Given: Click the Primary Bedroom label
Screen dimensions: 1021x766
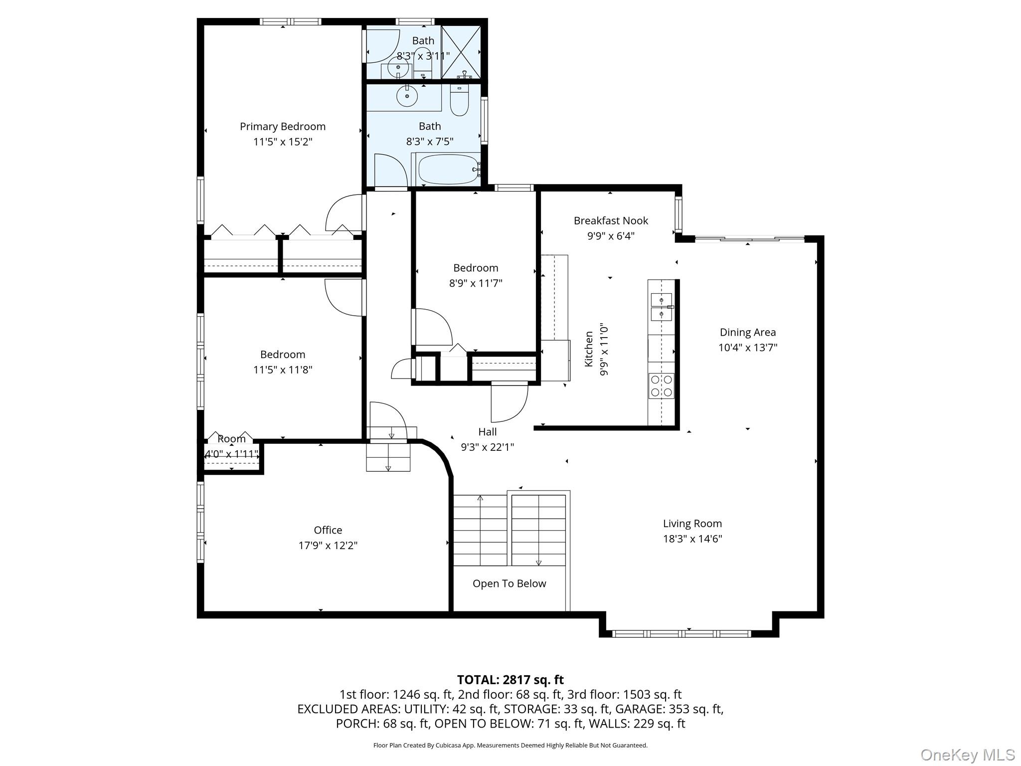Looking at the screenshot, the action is (x=283, y=127).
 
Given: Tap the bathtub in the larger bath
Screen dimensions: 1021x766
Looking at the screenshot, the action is (x=447, y=169).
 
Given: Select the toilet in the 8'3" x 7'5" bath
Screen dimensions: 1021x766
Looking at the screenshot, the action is (x=459, y=100).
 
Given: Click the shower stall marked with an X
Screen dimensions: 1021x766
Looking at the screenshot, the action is (x=461, y=52).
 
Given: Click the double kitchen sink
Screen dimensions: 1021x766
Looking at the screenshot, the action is (x=662, y=307).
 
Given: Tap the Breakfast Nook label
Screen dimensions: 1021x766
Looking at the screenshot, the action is (x=611, y=220).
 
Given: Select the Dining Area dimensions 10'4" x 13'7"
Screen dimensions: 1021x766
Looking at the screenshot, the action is (x=748, y=348).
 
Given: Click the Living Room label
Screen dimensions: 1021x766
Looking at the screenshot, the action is (x=692, y=524).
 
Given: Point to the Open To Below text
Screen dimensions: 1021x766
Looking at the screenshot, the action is (x=510, y=583).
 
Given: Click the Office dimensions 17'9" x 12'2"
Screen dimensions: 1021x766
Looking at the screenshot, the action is (x=328, y=546).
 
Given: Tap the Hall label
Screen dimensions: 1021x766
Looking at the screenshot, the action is (x=488, y=432).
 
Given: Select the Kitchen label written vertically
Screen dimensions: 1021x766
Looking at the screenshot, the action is (x=589, y=349).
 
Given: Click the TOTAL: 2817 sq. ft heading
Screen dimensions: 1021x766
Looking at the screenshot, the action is (x=510, y=680).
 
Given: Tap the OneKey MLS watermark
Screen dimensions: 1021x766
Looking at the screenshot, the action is (x=968, y=755).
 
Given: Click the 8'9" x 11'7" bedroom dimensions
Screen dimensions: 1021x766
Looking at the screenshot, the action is (x=476, y=283).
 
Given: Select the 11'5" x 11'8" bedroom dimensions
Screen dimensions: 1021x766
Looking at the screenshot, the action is (x=283, y=370).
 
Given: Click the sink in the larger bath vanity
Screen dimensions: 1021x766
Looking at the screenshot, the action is (x=407, y=95).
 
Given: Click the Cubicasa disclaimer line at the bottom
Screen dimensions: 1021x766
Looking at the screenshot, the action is (x=510, y=746).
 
